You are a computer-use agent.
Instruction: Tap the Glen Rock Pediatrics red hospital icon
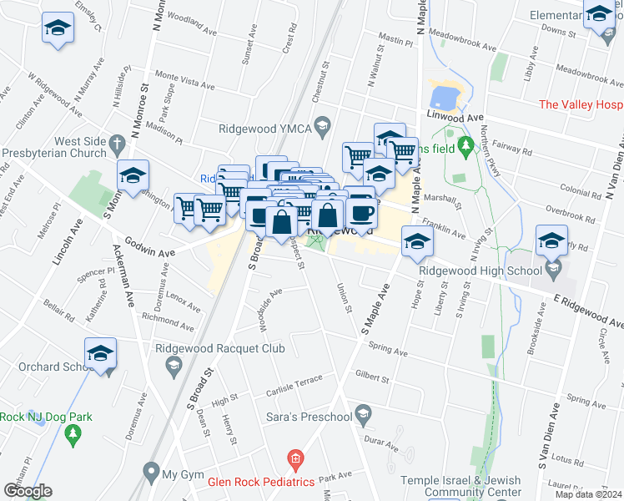coord(294,458)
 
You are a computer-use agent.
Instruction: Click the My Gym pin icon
coord(151,473)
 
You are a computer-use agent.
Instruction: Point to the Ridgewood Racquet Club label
coord(221,349)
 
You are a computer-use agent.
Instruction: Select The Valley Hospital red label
coord(581,104)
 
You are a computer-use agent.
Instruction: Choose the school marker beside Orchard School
coord(101,355)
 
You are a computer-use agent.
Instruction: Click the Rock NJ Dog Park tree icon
coord(73,433)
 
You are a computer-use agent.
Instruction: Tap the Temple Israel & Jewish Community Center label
coord(460,487)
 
